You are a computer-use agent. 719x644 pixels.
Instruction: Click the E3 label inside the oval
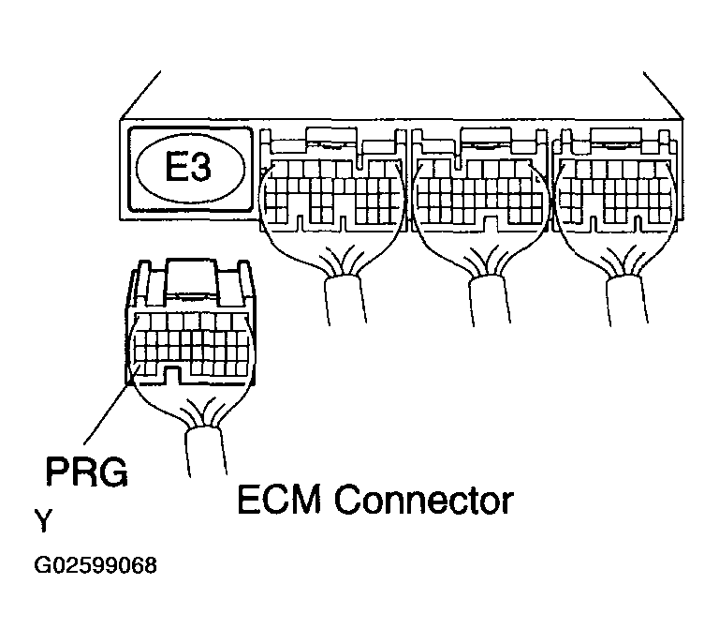pos(188,168)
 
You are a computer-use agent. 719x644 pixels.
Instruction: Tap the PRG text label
pos(87,471)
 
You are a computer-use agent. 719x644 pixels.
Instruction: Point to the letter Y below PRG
pos(44,520)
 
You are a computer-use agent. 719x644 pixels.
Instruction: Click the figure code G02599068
pos(95,565)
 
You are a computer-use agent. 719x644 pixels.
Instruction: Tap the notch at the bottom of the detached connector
pos(171,374)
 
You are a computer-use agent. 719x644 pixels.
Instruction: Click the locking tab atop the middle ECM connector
pos(486,136)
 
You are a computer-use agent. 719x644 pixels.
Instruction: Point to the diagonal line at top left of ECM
pos(139,96)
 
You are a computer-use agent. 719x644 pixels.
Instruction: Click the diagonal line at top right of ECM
pos(663,96)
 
